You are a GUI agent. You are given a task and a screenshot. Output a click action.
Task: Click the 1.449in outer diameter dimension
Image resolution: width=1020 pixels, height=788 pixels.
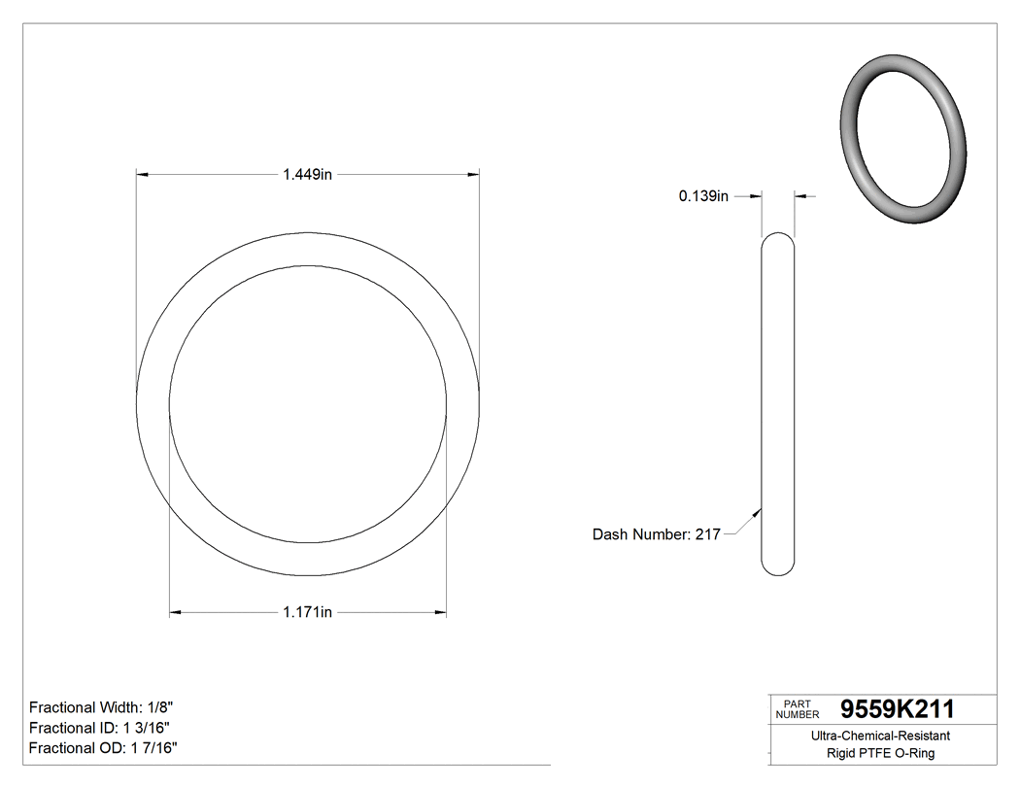307,175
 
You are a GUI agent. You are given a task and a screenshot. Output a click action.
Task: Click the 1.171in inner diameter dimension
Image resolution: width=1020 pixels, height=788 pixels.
307,612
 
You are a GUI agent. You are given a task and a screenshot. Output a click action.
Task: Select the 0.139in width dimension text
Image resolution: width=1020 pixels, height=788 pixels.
703,196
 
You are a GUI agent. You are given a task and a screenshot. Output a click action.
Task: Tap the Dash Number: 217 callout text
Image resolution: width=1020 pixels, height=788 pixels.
656,534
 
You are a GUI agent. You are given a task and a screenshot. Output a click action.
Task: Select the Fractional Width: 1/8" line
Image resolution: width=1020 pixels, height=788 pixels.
101,707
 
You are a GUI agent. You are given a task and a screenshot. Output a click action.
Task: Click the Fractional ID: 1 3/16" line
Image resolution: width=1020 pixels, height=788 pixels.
101,728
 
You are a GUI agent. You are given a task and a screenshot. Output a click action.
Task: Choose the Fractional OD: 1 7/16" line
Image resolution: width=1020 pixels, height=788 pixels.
103,748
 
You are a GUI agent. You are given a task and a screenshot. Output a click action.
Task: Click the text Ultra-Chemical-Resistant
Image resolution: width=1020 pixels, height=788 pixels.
880,737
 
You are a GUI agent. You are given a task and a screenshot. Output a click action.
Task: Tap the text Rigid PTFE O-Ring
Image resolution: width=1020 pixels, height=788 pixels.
880,753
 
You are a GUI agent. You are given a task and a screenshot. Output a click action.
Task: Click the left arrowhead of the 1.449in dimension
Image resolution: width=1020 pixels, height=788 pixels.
141,175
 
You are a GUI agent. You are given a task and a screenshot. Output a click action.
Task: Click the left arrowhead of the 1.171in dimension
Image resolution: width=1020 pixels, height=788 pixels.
175,612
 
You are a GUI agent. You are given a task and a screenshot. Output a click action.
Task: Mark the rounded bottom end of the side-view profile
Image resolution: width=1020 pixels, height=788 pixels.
777,571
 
